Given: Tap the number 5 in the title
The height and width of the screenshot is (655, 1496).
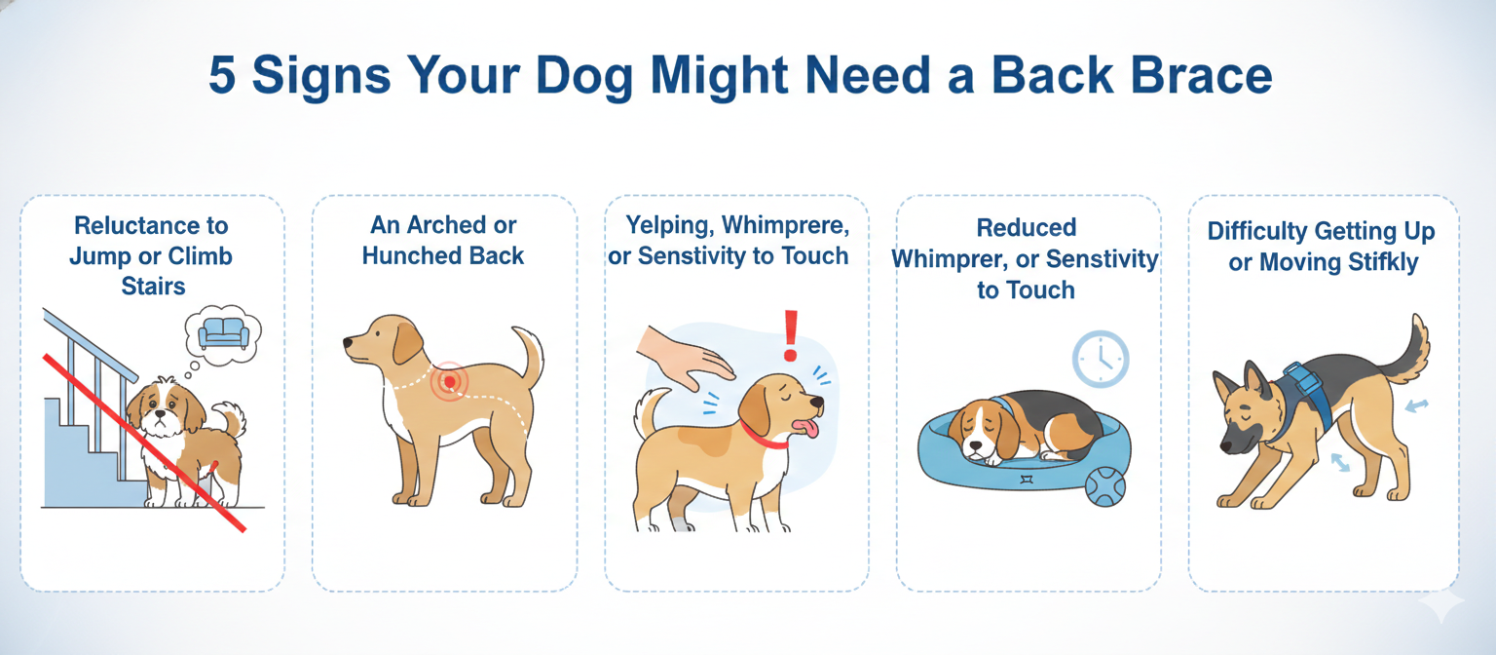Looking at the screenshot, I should (x=223, y=77).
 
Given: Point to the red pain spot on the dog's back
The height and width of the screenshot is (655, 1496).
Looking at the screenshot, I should (x=450, y=378).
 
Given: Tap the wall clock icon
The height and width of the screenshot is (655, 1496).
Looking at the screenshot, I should (x=1101, y=360).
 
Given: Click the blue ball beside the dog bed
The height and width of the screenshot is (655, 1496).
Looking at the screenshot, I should (x=1104, y=485).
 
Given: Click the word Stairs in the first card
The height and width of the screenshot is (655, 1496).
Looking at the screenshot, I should (x=153, y=287).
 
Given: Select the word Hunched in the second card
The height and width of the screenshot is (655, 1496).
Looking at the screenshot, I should (x=406, y=256).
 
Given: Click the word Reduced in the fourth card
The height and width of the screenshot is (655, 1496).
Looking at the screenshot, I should (x=1027, y=228).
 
